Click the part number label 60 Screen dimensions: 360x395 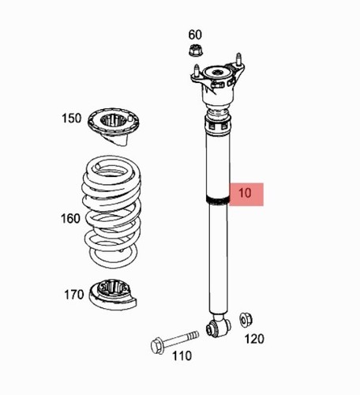[195, 35]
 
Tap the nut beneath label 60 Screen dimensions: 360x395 [196, 51]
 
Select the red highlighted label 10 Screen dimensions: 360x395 [246, 194]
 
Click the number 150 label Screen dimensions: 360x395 [72, 118]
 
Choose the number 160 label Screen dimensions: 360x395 [70, 219]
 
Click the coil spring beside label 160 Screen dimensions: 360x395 [111, 212]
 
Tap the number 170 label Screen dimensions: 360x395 [74, 295]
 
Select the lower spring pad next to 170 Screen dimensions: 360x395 [113, 295]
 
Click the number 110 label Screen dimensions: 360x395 [182, 356]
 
